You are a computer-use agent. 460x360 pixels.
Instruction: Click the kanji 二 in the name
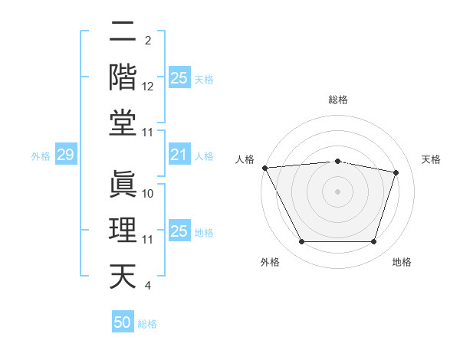[123, 32]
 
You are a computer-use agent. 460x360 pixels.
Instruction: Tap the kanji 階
[123, 77]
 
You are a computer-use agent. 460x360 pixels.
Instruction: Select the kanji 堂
[123, 123]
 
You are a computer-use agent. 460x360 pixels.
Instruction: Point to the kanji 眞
[123, 185]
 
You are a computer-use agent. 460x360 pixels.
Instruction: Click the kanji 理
[123, 231]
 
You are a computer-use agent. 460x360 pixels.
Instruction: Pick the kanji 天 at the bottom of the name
[123, 276]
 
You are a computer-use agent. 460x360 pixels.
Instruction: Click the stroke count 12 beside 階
[149, 87]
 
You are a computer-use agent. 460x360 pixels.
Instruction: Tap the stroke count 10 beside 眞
[149, 194]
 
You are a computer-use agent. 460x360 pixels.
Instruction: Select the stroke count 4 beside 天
[147, 286]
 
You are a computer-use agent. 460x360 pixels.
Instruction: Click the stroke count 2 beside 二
[147, 41]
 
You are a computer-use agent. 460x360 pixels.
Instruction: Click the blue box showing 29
[65, 155]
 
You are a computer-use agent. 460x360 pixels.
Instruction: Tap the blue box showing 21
[179, 155]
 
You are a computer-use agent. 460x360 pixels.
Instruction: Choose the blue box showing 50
[123, 322]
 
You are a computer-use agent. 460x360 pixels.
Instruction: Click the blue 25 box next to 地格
[179, 232]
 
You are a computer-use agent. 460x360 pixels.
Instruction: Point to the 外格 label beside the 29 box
[41, 156]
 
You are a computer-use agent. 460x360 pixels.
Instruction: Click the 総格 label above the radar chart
[338, 100]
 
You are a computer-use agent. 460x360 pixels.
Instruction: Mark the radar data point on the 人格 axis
[264, 168]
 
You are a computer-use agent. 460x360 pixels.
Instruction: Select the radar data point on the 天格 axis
[396, 172]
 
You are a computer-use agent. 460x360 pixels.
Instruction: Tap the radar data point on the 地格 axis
[374, 242]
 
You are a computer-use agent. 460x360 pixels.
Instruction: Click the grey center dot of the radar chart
[338, 191]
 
